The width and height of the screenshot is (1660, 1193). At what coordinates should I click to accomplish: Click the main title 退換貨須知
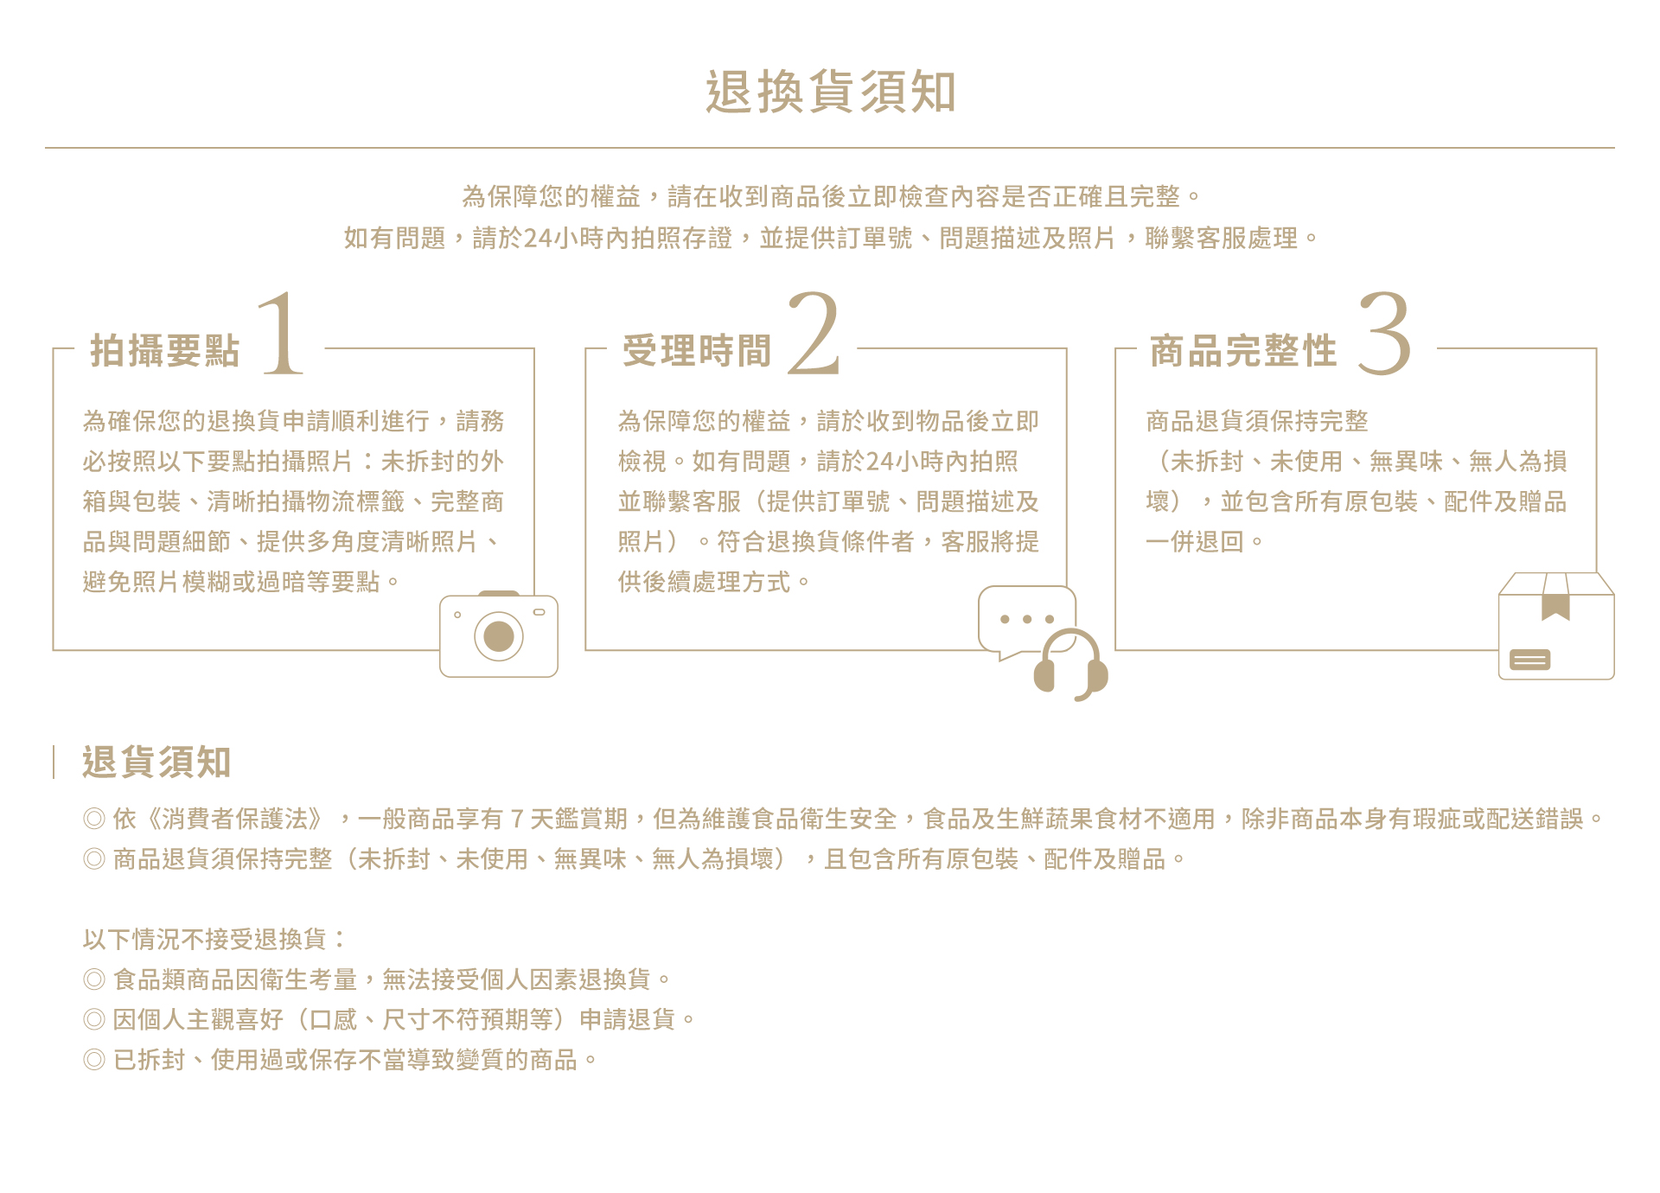coord(830,92)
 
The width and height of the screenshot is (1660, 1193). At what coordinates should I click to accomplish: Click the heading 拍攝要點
coord(165,351)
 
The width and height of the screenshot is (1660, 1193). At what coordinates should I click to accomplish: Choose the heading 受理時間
coord(697,351)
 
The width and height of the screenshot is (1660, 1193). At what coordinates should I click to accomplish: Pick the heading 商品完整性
coord(1243,351)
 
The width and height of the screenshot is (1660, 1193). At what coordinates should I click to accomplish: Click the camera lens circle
coord(499,637)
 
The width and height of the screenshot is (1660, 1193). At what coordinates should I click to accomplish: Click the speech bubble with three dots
coord(1025,619)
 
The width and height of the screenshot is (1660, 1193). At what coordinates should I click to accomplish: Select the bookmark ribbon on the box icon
coord(1556,598)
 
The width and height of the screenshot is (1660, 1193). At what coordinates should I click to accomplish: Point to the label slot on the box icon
coord(1529,660)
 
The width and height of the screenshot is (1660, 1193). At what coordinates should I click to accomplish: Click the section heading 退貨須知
coord(156,762)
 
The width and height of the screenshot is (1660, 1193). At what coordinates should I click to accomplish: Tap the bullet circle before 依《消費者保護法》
coord(94,819)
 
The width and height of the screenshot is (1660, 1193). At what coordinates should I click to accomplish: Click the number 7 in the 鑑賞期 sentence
coord(517,819)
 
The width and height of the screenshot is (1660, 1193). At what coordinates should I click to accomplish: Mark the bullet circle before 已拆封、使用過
coord(94,1060)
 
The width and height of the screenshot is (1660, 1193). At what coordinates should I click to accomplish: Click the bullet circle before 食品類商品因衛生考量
coord(94,979)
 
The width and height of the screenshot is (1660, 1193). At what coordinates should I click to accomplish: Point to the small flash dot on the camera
coord(457,615)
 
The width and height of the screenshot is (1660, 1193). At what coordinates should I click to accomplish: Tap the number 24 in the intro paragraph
coord(538,238)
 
